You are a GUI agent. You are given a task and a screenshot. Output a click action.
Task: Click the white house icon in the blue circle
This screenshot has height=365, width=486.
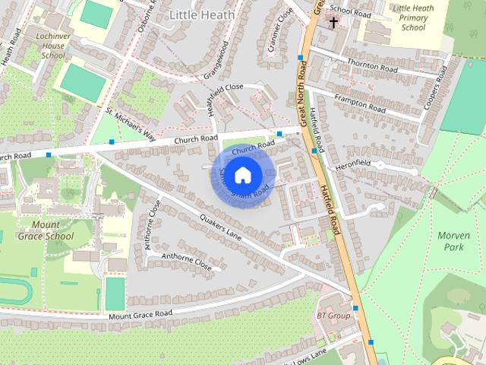(x=242, y=175)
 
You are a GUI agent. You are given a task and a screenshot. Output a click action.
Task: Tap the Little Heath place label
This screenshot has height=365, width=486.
(x=201, y=14)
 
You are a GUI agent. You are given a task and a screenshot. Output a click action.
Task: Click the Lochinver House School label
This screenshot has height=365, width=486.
(x=43, y=46)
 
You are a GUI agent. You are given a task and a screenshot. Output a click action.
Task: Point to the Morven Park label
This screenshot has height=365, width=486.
(x=454, y=241)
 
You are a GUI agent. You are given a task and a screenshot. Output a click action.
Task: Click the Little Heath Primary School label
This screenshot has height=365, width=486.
(x=413, y=17)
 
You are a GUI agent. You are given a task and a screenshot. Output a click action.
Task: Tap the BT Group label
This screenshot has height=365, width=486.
(x=333, y=315)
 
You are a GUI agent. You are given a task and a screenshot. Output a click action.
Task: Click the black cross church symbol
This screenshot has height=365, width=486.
(x=333, y=23)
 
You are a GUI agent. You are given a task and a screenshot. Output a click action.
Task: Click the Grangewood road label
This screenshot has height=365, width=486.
(x=216, y=61)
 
